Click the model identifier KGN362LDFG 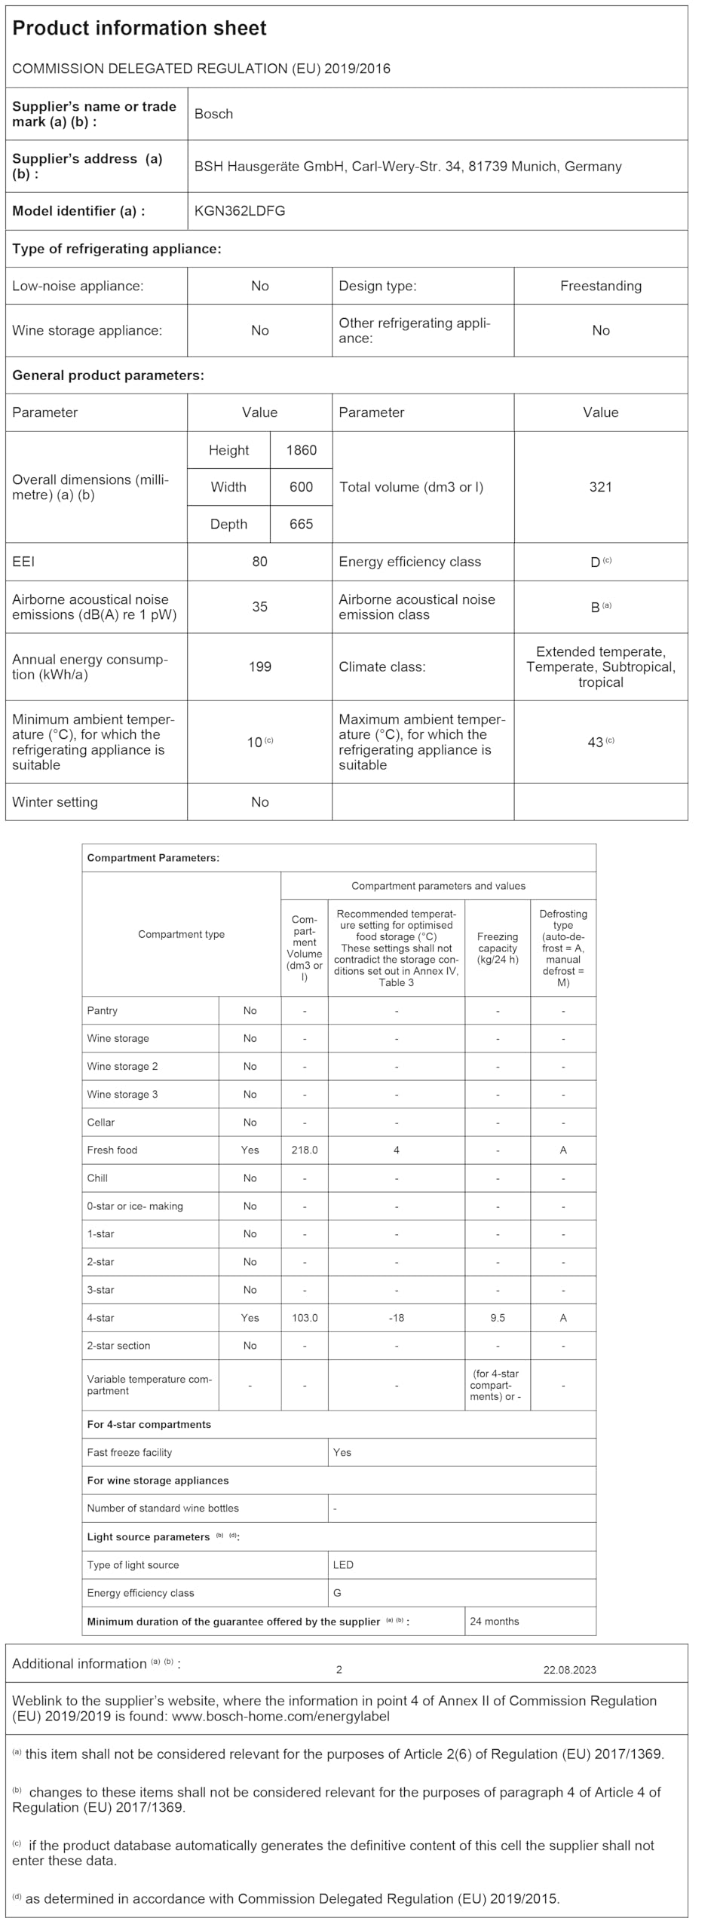click(x=240, y=211)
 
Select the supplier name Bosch click(x=213, y=114)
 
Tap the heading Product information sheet click(x=139, y=29)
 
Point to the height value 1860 click(x=301, y=450)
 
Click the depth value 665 click(x=301, y=524)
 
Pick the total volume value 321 click(x=600, y=487)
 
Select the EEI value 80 click(x=259, y=562)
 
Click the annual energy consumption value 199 click(x=259, y=666)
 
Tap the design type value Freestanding click(x=600, y=286)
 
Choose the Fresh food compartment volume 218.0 click(x=305, y=1150)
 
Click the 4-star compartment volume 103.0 click(x=305, y=1318)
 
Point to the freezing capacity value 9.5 click(x=498, y=1318)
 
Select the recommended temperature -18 click(x=396, y=1318)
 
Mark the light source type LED click(x=343, y=1564)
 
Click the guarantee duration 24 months click(x=494, y=1621)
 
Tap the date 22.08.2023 click(x=569, y=1670)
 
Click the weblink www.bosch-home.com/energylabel click(x=280, y=1717)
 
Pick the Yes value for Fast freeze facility click(x=342, y=1452)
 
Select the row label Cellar click(x=101, y=1122)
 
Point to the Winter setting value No click(x=259, y=802)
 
